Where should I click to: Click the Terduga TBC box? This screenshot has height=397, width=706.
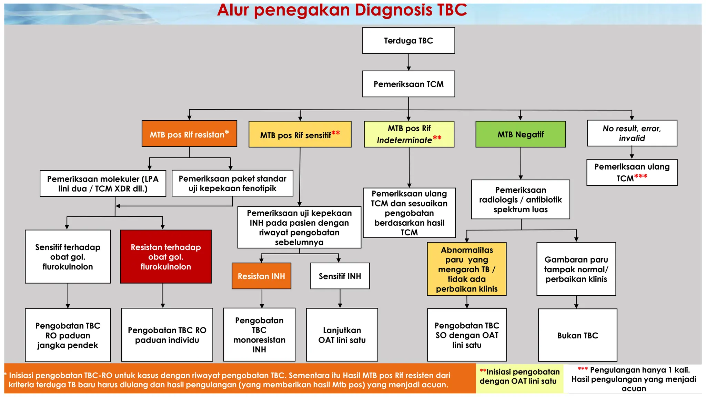[409, 41]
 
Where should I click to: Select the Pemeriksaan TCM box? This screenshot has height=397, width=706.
[409, 84]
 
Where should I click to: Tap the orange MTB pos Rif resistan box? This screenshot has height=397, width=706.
[189, 134]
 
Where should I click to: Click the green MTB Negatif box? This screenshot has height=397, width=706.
[521, 134]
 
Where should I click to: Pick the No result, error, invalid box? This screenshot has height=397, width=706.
[632, 133]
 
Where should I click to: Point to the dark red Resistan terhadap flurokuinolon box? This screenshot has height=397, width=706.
[166, 257]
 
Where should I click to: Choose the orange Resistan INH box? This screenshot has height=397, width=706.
[261, 276]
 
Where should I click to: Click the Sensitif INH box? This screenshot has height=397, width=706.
[340, 276]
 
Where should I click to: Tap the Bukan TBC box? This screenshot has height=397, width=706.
[577, 335]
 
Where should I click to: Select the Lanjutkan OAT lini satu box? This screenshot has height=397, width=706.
[342, 335]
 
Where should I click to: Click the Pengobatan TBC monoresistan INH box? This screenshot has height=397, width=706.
[259, 335]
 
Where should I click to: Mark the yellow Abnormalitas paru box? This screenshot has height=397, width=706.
[467, 269]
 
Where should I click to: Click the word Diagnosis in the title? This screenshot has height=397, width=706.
[393, 10]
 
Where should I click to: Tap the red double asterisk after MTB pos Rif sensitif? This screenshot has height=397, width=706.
[335, 133]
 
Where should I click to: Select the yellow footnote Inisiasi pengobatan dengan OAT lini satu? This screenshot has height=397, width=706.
[520, 377]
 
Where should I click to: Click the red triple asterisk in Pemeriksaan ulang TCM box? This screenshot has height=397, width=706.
[641, 176]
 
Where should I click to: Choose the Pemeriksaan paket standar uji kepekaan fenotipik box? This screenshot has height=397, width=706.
[232, 183]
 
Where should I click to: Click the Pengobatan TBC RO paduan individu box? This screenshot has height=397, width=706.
[167, 335]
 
